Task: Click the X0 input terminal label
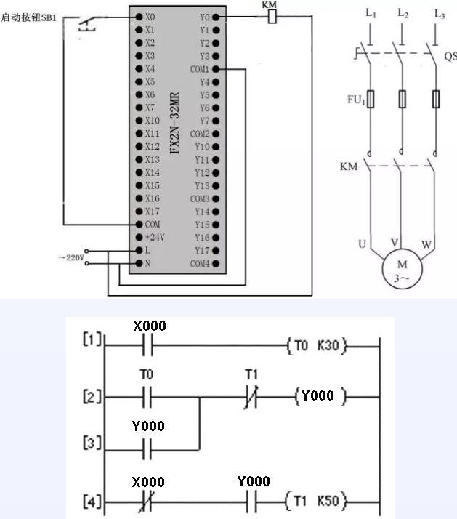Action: [150, 16]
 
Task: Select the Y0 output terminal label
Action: [203, 16]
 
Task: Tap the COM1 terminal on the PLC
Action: [200, 69]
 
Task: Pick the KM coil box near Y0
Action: [270, 17]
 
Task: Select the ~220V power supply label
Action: [70, 257]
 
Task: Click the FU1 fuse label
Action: [355, 99]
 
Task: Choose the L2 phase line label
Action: [403, 12]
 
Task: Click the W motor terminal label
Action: [427, 244]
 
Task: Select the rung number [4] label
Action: [93, 502]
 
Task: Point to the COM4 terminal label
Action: [200, 263]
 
